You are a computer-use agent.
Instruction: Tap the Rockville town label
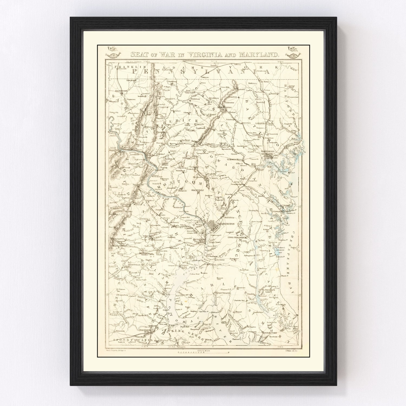197,190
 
